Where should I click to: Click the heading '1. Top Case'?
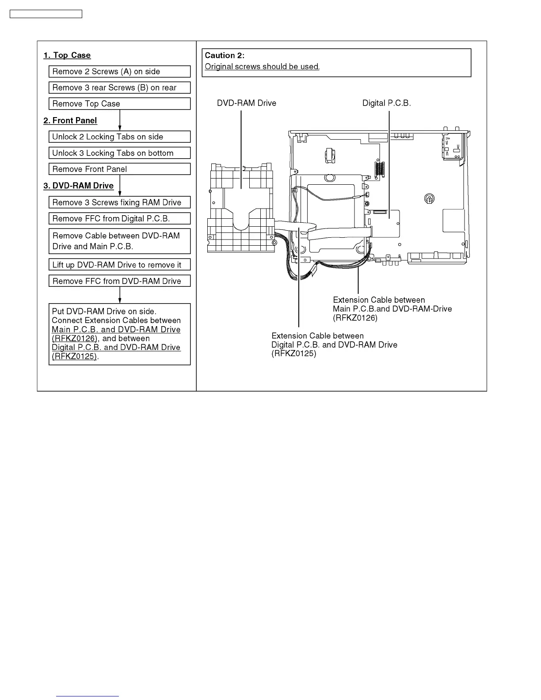[x=67, y=55]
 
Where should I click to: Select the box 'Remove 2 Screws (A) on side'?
[x=119, y=72]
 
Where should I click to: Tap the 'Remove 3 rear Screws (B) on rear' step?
[x=119, y=87]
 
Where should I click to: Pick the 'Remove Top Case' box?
[x=119, y=104]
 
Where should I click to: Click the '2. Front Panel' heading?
[x=70, y=121]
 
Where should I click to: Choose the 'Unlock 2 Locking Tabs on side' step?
[x=119, y=137]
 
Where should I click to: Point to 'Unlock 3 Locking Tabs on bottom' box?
[x=119, y=153]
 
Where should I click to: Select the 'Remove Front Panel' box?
[x=119, y=169]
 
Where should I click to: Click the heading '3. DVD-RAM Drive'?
[x=78, y=186]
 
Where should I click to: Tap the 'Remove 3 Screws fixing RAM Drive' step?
[x=119, y=202]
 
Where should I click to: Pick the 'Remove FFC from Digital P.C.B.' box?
[x=119, y=219]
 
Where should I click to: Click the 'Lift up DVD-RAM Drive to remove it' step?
[x=119, y=265]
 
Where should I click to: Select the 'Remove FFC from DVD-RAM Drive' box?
[x=119, y=281]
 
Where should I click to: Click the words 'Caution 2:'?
[x=225, y=55]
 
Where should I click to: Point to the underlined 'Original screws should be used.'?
[x=262, y=67]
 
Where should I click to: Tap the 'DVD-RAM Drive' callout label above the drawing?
[x=246, y=103]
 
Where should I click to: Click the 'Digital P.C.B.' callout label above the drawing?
[x=386, y=103]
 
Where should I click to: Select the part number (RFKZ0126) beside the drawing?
[x=355, y=318]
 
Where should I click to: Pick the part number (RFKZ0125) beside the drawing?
[x=293, y=354]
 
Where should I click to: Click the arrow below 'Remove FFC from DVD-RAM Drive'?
[x=120, y=295]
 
